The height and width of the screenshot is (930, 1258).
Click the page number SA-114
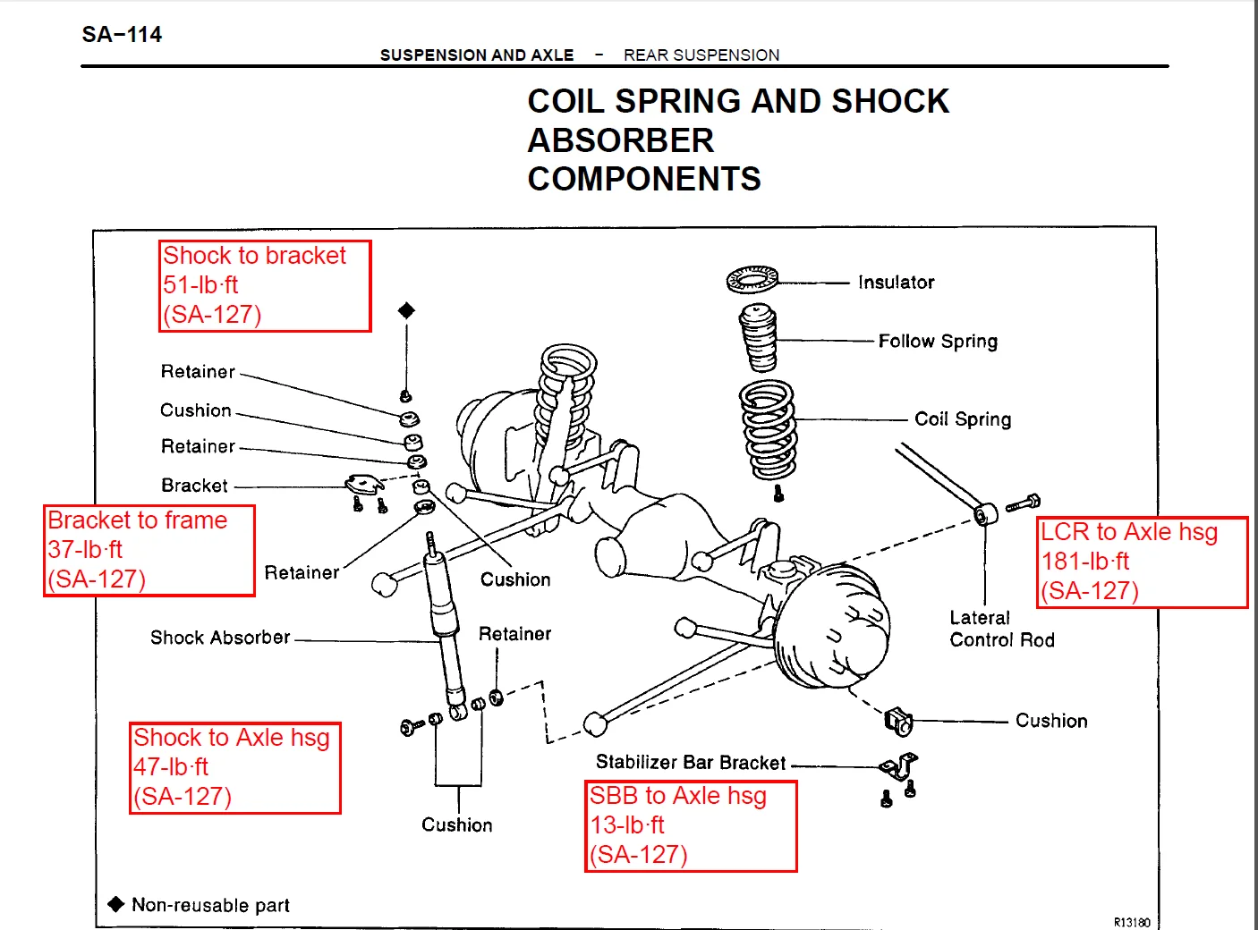pos(122,35)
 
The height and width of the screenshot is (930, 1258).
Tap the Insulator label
pos(896,283)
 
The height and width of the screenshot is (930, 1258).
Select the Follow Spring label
pos(938,341)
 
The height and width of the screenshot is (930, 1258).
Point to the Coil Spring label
pos(963,419)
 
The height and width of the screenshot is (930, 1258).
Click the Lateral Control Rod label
pos(1001,629)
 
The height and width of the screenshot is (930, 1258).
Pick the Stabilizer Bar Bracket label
pos(691,763)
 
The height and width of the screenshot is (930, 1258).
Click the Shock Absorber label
pos(220,638)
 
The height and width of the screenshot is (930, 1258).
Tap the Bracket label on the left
pos(194,486)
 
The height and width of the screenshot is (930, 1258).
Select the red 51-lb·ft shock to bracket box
pos(265,286)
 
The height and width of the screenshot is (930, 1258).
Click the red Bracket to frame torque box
pos(149,550)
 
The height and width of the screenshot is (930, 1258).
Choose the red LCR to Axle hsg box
pos(1142,562)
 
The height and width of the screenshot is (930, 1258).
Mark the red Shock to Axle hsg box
pos(235,768)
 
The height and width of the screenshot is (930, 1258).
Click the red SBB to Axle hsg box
pos(691,826)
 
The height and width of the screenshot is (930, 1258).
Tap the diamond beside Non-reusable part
pos(116,904)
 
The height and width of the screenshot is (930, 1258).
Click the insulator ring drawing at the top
pos(752,280)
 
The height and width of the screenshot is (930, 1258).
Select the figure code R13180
pos(1132,922)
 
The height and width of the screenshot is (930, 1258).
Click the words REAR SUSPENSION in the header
pos(701,55)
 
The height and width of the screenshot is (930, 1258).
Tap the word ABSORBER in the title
pos(621,140)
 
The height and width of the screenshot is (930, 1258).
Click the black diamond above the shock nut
pos(406,310)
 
